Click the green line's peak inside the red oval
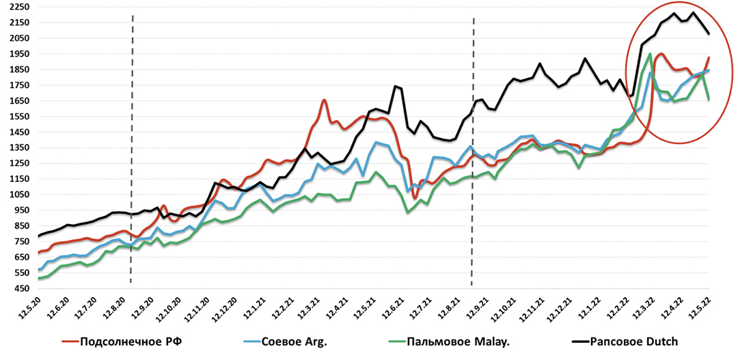point(650,54)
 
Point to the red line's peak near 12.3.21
point(324,100)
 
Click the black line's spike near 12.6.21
point(395,86)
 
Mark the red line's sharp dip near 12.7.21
point(415,199)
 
